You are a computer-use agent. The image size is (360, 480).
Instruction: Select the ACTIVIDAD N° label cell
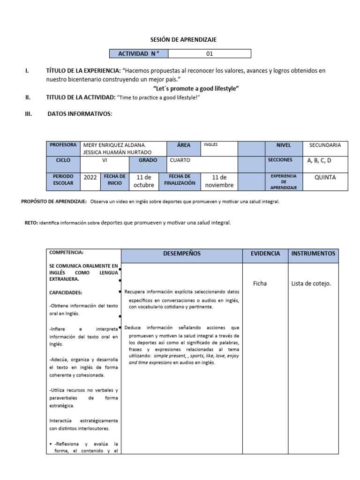click(139, 53)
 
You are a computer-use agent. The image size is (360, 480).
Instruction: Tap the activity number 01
click(210, 53)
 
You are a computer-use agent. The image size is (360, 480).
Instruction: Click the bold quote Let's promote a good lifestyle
click(196, 88)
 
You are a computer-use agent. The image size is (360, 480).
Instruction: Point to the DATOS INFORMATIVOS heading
click(80, 113)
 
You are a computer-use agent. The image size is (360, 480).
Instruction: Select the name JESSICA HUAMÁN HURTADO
click(117, 153)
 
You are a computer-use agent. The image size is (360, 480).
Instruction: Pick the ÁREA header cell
click(184, 145)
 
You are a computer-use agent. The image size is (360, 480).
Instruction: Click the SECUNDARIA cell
click(325, 145)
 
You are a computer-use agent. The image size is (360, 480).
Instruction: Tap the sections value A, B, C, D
click(319, 161)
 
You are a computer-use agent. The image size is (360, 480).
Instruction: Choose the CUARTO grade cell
click(180, 160)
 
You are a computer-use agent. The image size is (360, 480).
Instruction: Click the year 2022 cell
click(90, 178)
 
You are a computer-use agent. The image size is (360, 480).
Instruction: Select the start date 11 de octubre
click(143, 181)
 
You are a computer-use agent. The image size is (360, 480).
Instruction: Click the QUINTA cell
click(325, 178)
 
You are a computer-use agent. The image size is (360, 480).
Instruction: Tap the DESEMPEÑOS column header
click(181, 254)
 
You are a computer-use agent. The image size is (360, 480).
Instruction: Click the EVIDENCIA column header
click(265, 254)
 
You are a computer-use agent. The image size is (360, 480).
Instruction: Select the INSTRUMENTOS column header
click(313, 254)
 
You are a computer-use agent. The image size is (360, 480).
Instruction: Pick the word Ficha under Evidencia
click(260, 284)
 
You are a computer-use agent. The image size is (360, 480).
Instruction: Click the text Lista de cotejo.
click(311, 284)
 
